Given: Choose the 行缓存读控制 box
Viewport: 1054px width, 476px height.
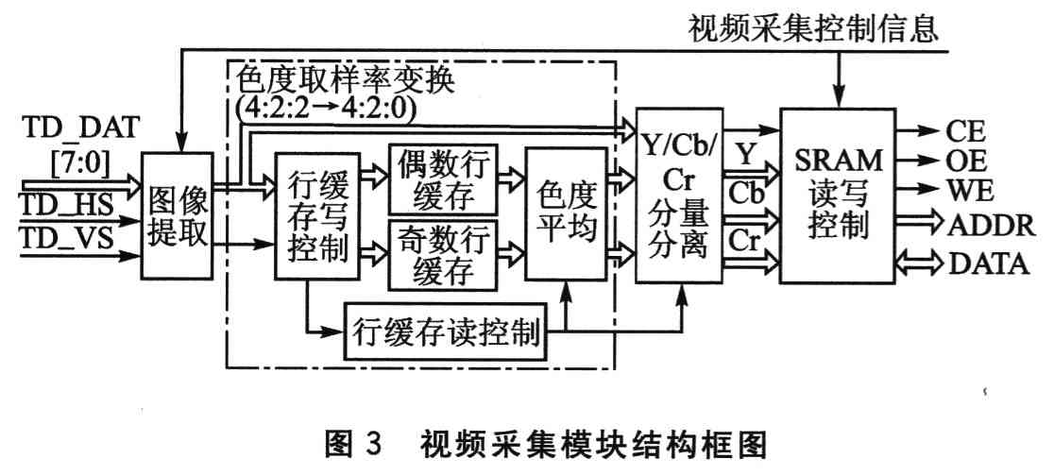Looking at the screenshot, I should pyautogui.click(x=446, y=332).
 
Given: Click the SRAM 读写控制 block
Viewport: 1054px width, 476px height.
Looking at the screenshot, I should pyautogui.click(x=837, y=195).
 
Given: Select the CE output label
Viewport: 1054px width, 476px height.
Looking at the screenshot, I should pyautogui.click(x=964, y=127).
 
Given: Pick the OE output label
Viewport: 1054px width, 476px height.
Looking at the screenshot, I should pyautogui.click(x=964, y=160).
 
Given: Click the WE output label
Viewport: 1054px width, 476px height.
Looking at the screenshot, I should pyautogui.click(x=966, y=192).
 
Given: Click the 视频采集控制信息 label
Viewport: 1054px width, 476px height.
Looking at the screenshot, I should pyautogui.click(x=811, y=30).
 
